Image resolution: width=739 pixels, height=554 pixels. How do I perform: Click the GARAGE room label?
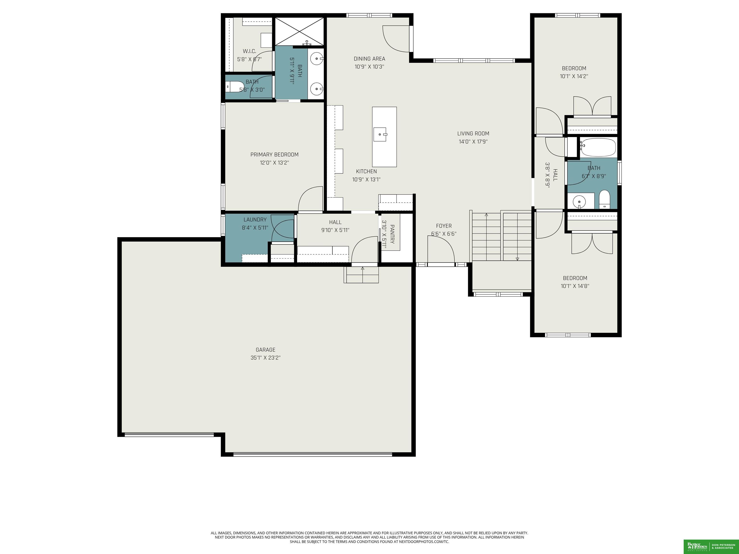(266, 350)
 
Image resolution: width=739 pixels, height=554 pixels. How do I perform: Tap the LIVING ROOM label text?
(473, 134)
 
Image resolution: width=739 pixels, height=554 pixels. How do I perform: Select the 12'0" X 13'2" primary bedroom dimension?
(274, 163)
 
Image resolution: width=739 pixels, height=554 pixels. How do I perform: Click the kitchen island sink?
(380, 134)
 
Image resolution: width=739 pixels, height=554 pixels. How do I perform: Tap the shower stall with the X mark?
(299, 31)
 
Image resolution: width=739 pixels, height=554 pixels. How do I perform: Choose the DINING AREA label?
(369, 59)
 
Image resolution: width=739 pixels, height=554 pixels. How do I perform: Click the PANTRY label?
(392, 234)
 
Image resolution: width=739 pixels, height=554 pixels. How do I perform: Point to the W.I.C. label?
(249, 51)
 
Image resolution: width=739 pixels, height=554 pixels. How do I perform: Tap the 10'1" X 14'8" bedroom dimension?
(575, 286)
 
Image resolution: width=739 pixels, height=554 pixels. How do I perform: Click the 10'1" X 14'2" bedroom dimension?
(574, 76)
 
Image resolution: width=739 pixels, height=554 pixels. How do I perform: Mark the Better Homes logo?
(697, 546)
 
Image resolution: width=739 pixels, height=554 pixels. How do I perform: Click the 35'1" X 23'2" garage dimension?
(266, 358)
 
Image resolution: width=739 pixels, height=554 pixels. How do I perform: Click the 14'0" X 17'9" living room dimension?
(473, 142)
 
